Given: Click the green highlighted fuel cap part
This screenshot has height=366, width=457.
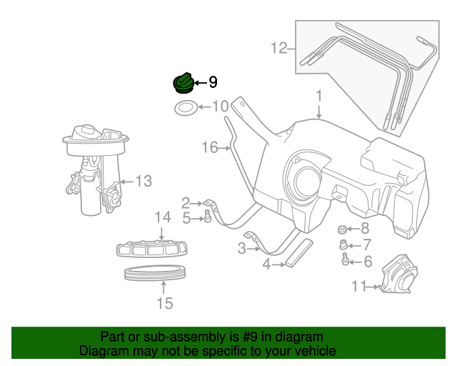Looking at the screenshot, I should [x=184, y=83].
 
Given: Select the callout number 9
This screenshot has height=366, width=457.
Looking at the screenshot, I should [x=213, y=83].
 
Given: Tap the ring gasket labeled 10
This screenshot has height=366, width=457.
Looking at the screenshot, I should [x=185, y=109].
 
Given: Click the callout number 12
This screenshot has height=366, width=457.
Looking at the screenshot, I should [x=278, y=49].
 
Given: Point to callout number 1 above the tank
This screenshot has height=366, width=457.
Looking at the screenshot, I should [x=319, y=95].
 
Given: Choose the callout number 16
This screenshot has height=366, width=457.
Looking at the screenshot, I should [x=209, y=147].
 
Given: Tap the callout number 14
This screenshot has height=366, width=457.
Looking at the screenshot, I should [x=163, y=217].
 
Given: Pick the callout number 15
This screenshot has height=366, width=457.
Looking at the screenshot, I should [x=164, y=304].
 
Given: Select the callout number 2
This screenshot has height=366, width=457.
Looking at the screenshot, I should [x=186, y=203].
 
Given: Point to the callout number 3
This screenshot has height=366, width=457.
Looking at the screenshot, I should [x=241, y=249].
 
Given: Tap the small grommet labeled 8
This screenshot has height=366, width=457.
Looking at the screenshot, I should [x=342, y=229].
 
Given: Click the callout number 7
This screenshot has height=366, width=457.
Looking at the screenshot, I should [x=368, y=245].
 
